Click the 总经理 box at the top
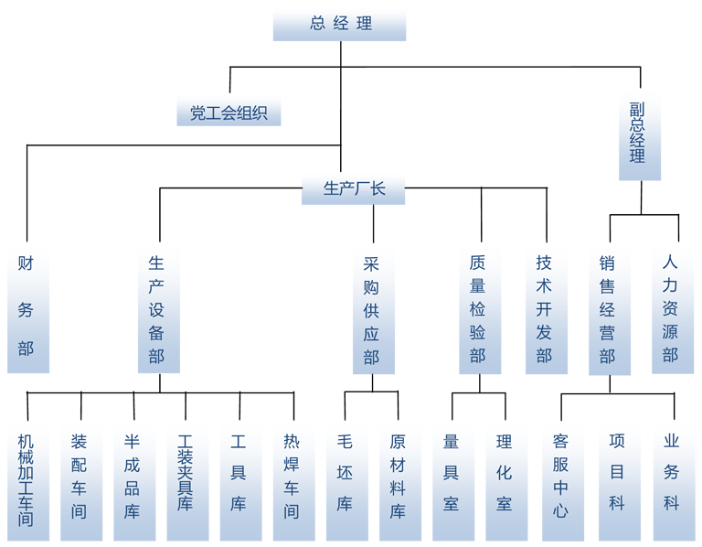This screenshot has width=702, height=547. (339, 24)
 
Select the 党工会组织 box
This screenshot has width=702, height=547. (229, 113)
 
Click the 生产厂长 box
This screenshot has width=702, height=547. (354, 189)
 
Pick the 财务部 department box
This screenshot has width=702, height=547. (27, 306)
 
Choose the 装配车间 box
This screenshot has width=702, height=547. (80, 479)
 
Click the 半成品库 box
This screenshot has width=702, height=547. (133, 479)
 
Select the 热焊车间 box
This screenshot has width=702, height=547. (292, 479)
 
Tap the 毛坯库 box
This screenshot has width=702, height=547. (345, 479)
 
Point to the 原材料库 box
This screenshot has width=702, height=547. (399, 479)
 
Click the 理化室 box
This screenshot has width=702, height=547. (505, 479)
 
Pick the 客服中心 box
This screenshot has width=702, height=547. (560, 479)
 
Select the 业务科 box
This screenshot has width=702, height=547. (672, 479)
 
